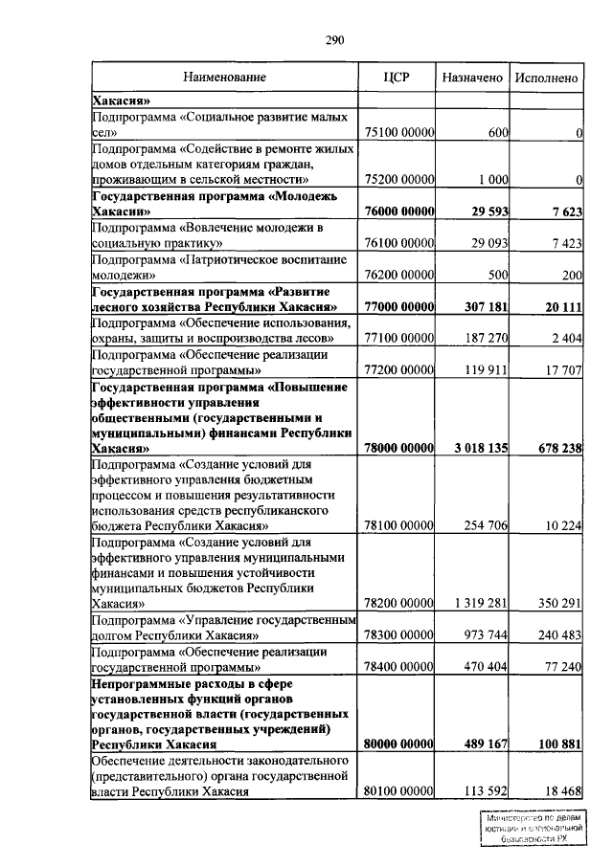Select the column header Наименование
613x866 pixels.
[226, 77]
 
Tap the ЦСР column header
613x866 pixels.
[396, 77]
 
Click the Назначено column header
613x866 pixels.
[472, 77]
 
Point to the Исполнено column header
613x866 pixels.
[546, 77]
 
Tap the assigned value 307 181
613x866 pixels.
[484, 307]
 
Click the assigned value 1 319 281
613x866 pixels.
[478, 603]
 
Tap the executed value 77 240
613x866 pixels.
[563, 666]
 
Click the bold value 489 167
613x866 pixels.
[484, 744]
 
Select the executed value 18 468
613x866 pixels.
[563, 791]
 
